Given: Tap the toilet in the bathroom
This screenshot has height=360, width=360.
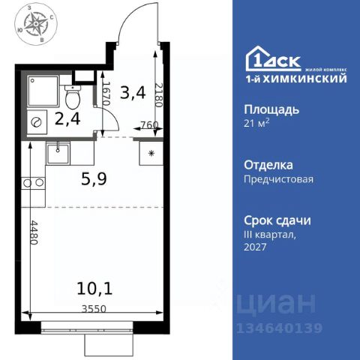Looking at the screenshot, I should pyautogui.click(x=72, y=96).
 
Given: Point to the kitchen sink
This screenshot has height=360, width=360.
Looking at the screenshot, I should pyautogui.click(x=57, y=153).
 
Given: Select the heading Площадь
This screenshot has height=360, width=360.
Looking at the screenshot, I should pyautogui.click(x=273, y=109).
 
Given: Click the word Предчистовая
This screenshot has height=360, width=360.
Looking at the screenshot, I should pyautogui.click(x=278, y=179).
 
